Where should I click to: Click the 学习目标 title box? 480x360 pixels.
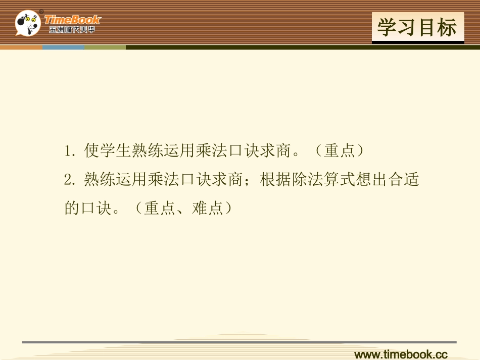coord(418,28)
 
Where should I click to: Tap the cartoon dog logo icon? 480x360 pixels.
coord(28,23)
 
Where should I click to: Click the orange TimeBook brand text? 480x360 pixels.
coord(73,20)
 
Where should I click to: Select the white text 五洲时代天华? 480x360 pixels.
coord(72,30)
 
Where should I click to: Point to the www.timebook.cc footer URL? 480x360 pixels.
coord(401,354)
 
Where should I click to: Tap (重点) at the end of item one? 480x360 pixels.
coord(340,150)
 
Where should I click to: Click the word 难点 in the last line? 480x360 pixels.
coord(208,209)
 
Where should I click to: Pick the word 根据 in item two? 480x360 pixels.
coord(275,179)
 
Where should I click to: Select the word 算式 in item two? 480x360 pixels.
coord(340,179)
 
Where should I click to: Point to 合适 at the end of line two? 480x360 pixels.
coord(404,179)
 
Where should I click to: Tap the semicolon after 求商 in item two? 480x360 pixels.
coord(247,180)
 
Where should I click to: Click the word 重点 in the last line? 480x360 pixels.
coord(160,209)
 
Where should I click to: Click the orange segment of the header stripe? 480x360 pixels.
coord(21,47)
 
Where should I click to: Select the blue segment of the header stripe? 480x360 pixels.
coord(63,47)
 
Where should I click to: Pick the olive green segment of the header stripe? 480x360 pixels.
coord(105,47)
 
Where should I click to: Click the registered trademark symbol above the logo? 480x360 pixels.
coord(41,12)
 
